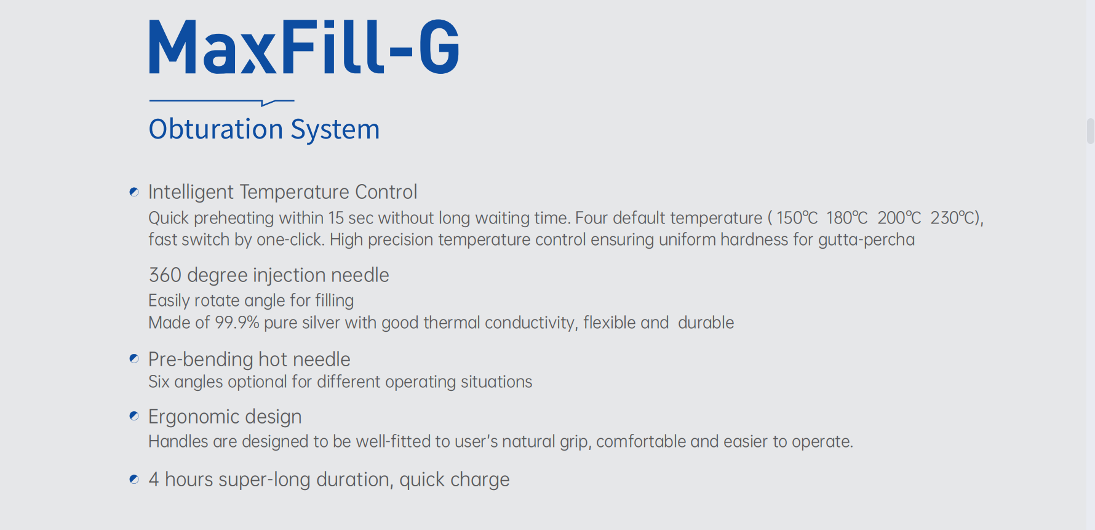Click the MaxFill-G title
[304, 47]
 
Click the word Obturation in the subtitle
[216, 129]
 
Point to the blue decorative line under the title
[221, 102]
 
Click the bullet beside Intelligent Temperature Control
[134, 192]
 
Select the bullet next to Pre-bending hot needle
[134, 358]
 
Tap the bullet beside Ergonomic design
[134, 416]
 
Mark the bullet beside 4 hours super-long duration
[134, 479]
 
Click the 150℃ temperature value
[797, 218]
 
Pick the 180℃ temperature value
[847, 218]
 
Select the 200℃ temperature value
[899, 218]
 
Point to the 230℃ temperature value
[952, 218]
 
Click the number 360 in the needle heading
[165, 275]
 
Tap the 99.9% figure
[237, 323]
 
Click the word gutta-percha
[866, 240]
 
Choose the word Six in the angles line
[159, 382]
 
